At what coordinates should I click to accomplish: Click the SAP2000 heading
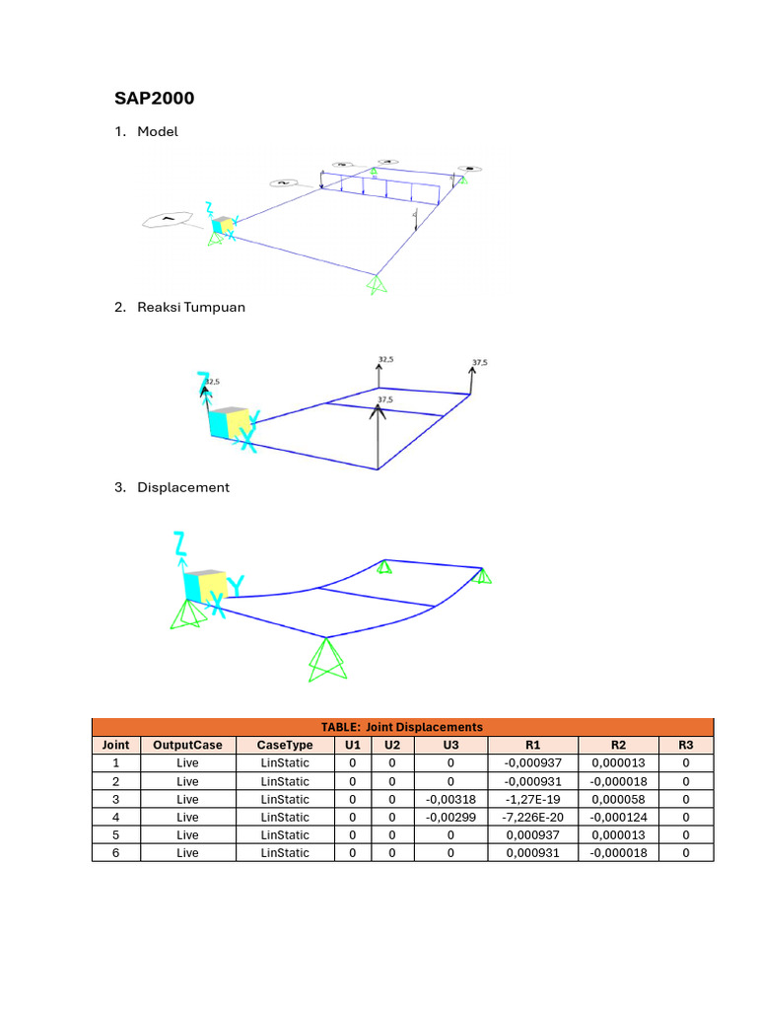click(x=154, y=99)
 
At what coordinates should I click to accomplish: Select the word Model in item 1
click(x=158, y=131)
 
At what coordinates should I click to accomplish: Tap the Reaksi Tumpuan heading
click(x=191, y=307)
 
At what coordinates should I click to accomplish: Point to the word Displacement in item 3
click(x=183, y=487)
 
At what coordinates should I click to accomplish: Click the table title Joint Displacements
click(x=402, y=727)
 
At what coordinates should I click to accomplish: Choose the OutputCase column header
click(x=187, y=745)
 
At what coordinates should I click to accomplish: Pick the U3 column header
click(x=451, y=745)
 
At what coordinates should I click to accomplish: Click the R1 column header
click(x=532, y=745)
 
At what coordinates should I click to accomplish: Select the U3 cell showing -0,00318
click(x=451, y=799)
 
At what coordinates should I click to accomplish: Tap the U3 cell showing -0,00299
click(x=451, y=817)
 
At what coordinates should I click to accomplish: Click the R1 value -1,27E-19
click(x=532, y=799)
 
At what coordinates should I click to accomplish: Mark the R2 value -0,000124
click(x=619, y=817)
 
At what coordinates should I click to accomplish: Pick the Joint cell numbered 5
click(x=116, y=834)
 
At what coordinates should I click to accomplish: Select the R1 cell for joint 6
click(x=532, y=852)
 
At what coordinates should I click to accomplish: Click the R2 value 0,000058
click(x=619, y=799)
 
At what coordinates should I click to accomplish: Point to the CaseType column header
click(x=285, y=745)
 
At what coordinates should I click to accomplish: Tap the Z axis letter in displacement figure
click(x=179, y=542)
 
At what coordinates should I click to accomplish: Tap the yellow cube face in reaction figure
click(x=239, y=422)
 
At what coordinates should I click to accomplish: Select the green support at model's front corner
click(x=375, y=285)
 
